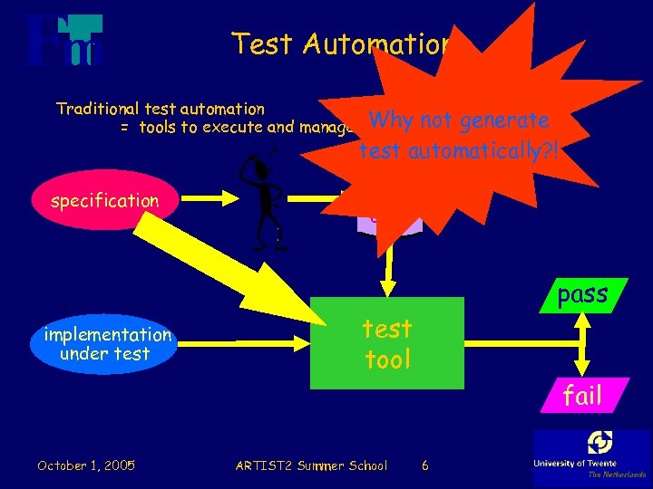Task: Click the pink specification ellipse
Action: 104,201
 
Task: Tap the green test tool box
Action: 387,343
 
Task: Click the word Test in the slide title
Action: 258,43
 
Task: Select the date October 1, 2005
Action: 86,465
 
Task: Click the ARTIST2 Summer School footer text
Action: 310,465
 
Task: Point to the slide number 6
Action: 425,465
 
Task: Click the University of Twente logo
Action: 591,453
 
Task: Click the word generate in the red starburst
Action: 504,120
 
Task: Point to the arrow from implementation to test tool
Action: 245,343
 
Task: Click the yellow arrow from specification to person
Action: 209,200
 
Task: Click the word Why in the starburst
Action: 391,120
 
